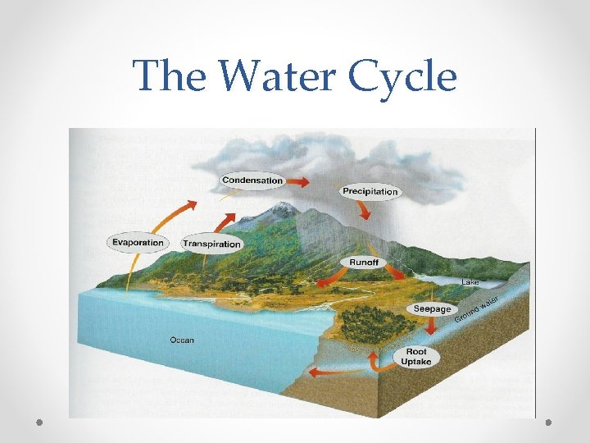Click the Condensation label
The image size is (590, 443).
point(252,180)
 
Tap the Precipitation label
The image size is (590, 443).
point(370,192)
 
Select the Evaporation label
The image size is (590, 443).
point(137,242)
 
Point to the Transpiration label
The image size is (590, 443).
point(211,244)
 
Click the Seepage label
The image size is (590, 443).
point(432,309)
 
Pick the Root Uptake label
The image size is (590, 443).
point(416,357)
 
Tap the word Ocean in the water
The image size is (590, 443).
point(182,340)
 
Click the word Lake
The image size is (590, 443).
point(470,282)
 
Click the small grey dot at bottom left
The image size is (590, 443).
point(40,422)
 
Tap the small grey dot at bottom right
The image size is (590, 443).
point(548,422)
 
